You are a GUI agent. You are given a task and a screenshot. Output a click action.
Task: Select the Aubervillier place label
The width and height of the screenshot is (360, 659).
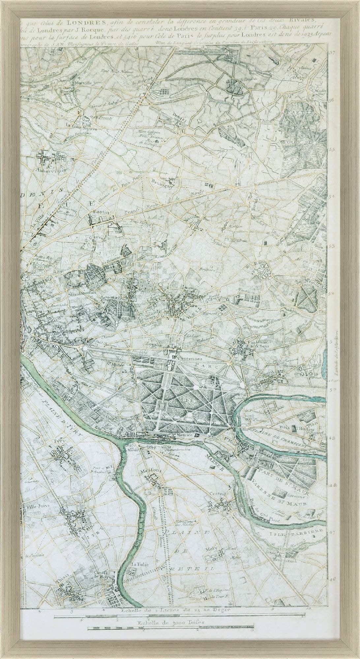(53, 171)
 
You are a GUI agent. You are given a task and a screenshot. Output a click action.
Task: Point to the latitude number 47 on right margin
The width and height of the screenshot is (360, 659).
(332, 532)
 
